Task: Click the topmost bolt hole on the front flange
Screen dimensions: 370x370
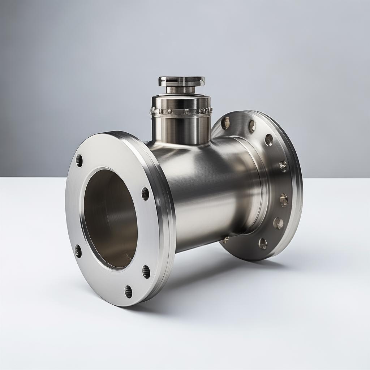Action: coord(79,160)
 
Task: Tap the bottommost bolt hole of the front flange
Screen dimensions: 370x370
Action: coord(128,291)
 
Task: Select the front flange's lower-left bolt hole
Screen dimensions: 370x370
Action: coord(78,251)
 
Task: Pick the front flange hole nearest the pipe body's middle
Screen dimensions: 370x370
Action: coord(145,194)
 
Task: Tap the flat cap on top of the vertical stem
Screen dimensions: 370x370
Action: coord(181,81)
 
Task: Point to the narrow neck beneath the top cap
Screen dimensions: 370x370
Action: coord(180,90)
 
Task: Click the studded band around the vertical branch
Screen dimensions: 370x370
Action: coord(181,111)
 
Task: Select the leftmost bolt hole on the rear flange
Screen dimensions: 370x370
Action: coord(225,123)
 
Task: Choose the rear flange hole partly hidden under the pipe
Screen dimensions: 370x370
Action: coord(226,240)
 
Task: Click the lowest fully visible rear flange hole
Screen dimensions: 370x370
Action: coord(263,244)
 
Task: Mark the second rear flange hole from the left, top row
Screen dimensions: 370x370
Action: coord(252,126)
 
